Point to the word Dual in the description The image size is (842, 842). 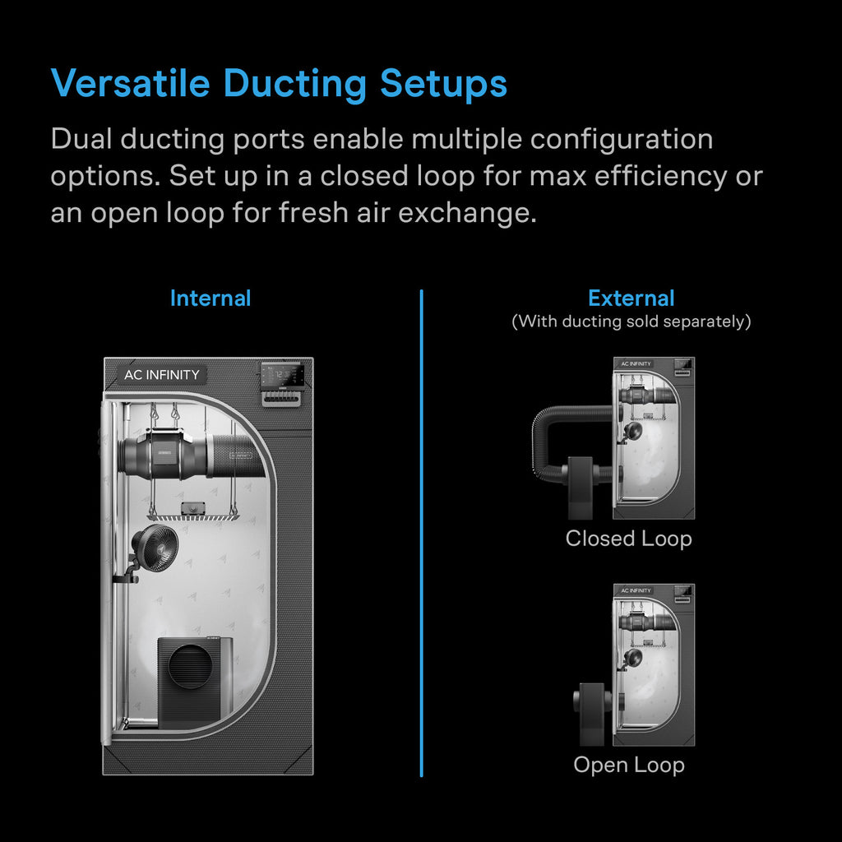(x=81, y=139)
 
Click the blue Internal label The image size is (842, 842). (x=210, y=298)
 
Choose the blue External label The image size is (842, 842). (x=631, y=298)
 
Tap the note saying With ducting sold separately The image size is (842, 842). (x=631, y=321)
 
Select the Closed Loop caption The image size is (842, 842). (x=628, y=539)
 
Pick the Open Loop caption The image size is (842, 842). (x=628, y=765)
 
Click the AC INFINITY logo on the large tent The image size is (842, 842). (x=161, y=375)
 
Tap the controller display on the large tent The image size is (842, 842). (x=282, y=376)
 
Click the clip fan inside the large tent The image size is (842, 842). (x=155, y=547)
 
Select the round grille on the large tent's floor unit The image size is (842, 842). (x=191, y=666)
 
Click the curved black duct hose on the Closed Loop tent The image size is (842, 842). (x=553, y=428)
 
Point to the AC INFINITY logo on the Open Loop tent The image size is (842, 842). (x=636, y=590)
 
